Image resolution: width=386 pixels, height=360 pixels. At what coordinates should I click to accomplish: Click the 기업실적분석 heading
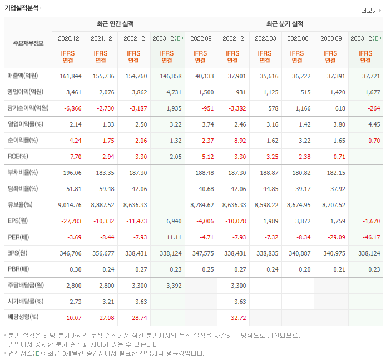tap(22, 8)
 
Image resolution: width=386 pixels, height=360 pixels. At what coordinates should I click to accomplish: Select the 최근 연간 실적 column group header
tap(118, 24)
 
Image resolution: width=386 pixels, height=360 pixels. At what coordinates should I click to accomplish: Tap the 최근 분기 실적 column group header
tap(285, 24)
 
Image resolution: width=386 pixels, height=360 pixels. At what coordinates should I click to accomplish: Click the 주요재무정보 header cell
tap(28, 43)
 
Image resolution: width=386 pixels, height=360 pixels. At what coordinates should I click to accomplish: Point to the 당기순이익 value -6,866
tap(72, 108)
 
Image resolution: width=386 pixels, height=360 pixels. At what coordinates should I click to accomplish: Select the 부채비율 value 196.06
tap(72, 173)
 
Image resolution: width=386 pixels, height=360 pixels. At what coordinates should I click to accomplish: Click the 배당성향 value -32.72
tap(236, 318)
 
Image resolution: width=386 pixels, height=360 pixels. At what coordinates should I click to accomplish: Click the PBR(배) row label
tap(18, 269)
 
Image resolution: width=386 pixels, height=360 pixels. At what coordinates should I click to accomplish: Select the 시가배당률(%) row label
tap(26, 302)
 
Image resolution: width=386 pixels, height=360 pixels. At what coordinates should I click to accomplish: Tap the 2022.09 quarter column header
tap(201, 38)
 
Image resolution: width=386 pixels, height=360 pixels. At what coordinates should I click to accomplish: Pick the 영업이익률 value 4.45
tap(373, 124)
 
